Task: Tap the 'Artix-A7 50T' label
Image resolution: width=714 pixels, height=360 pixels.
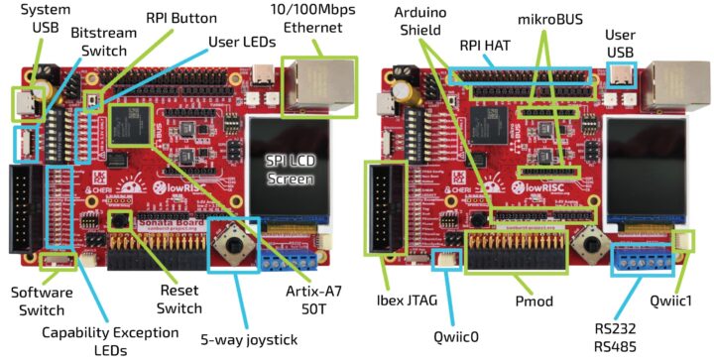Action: pos(319,300)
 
